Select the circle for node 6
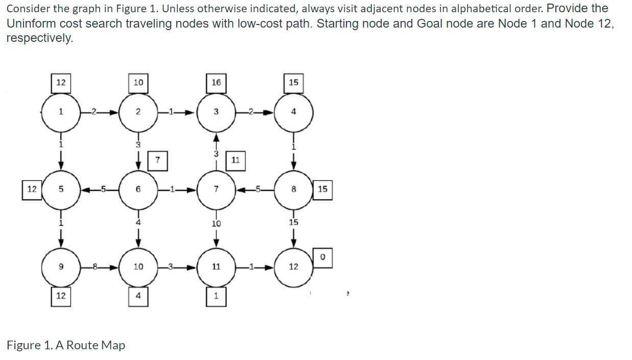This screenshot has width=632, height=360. point(138,189)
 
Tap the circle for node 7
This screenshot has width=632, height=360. point(216,189)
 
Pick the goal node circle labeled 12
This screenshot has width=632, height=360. point(293,267)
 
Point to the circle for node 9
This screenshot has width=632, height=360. point(61,267)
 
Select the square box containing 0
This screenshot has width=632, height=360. point(323,257)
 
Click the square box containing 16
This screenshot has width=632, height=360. point(216,83)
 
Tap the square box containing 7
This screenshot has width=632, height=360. point(158,160)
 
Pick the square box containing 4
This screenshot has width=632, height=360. point(138,297)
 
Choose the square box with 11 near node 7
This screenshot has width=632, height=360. point(236,160)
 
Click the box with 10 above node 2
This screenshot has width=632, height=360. point(138,83)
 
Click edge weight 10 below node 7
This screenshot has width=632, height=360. point(216,224)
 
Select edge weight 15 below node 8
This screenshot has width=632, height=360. point(294,223)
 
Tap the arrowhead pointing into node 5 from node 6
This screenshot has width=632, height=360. point(85,189)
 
